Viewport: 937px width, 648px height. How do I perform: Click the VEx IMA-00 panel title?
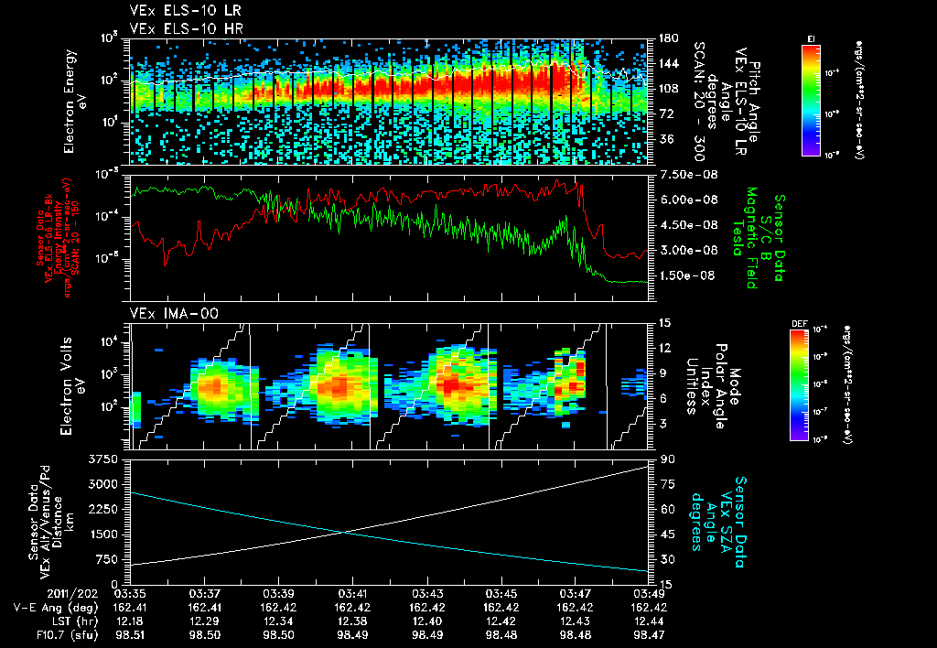click(168, 313)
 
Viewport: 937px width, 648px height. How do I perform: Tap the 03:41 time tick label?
click(353, 593)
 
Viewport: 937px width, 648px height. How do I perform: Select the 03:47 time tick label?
click(575, 593)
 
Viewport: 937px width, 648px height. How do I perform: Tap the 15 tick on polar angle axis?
click(664, 322)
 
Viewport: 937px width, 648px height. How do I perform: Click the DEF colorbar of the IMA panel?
click(811, 384)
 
